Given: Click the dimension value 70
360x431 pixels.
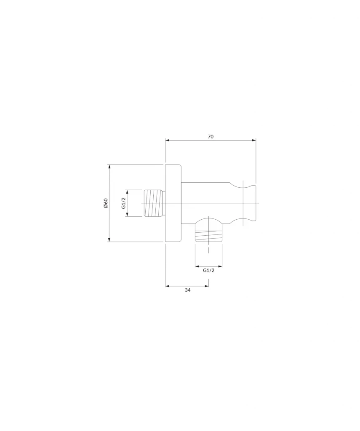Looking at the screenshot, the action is [211, 136].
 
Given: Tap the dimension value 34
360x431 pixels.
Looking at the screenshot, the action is [187, 290].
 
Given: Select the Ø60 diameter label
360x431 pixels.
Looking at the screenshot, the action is [106, 203].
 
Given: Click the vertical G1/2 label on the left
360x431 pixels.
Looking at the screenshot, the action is [123, 203].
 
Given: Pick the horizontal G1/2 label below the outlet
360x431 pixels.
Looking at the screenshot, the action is [208, 270].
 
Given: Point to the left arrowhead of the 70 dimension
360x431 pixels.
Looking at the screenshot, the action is [167, 140].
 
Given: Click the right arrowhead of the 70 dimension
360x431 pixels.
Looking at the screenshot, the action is [254, 140].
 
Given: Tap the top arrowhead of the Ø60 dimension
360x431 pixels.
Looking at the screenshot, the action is [109, 167].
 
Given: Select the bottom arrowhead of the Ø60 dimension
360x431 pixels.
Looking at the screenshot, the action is [109, 239].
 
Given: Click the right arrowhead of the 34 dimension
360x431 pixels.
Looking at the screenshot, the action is [207, 286].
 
